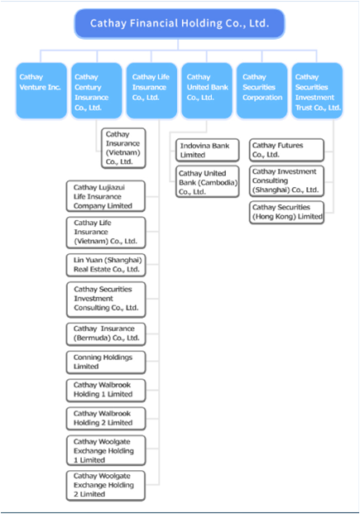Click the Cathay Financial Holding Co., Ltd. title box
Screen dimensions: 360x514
[180, 24]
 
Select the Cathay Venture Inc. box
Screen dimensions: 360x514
[41, 90]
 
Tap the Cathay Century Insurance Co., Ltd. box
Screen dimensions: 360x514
[96, 90]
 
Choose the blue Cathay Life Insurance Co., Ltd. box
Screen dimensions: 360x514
[151, 90]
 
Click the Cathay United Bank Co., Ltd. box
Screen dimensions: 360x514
[207, 90]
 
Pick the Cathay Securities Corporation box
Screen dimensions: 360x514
[262, 90]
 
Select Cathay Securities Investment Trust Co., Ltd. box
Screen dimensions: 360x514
[317, 90]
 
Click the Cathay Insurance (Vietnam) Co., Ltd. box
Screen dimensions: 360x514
[123, 148]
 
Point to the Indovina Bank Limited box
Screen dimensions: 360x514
[207, 150]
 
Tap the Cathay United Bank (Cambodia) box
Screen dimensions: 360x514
[207, 182]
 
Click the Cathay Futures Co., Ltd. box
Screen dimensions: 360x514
[286, 150]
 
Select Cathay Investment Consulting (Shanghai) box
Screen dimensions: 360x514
[286, 181]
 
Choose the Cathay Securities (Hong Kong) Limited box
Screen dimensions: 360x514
[286, 213]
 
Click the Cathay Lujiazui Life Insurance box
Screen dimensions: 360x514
[106, 196]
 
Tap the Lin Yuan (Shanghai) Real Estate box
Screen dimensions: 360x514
[106, 265]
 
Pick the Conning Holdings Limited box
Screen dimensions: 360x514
[106, 363]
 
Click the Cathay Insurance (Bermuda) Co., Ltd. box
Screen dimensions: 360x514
[106, 334]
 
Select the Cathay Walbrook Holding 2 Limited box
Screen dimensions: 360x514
[106, 419]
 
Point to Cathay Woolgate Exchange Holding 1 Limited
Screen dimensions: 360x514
[106, 450]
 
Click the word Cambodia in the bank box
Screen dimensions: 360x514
[218, 182]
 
